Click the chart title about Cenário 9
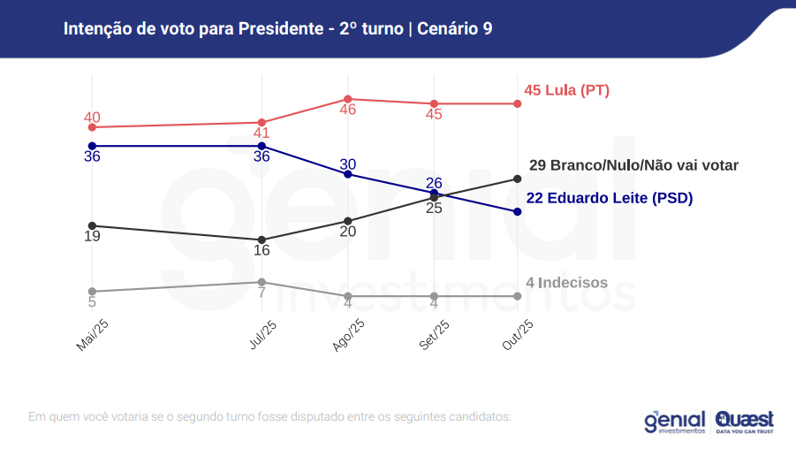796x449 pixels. [x=277, y=28]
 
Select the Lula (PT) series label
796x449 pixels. [x=566, y=90]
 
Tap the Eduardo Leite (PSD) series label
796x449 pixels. [x=610, y=198]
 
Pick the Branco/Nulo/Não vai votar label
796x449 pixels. [x=633, y=164]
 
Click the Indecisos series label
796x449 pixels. [x=567, y=283]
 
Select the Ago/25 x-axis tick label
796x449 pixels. [x=347, y=337]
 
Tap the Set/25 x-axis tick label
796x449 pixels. [x=433, y=336]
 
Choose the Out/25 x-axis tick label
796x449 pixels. [x=517, y=336]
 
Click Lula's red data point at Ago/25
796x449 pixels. [x=348, y=99]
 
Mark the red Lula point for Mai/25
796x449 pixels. [x=92, y=127]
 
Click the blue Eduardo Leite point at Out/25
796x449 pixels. [x=518, y=212]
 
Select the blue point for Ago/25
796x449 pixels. [x=348, y=174]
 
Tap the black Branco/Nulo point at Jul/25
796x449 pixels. [x=262, y=240]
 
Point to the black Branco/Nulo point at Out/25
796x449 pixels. [x=518, y=179]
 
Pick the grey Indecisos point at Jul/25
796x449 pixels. [x=262, y=282]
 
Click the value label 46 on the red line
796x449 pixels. [x=348, y=110]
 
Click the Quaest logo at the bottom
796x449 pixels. [x=744, y=422]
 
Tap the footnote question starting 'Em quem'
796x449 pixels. [x=269, y=415]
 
